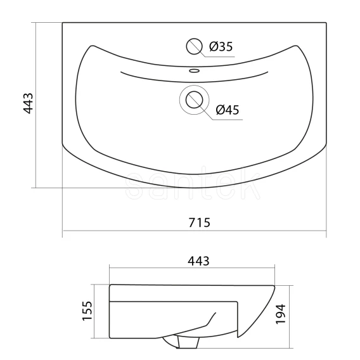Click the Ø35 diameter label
click(x=221, y=46)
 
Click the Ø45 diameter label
click(x=228, y=110)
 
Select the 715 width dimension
click(x=199, y=222)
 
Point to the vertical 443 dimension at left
click(x=29, y=103)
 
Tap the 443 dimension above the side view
click(x=198, y=261)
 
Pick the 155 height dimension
click(x=87, y=311)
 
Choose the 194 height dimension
click(x=281, y=314)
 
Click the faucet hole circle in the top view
click(x=194, y=46)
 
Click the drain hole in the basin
click(x=194, y=100)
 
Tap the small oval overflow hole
click(x=194, y=70)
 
